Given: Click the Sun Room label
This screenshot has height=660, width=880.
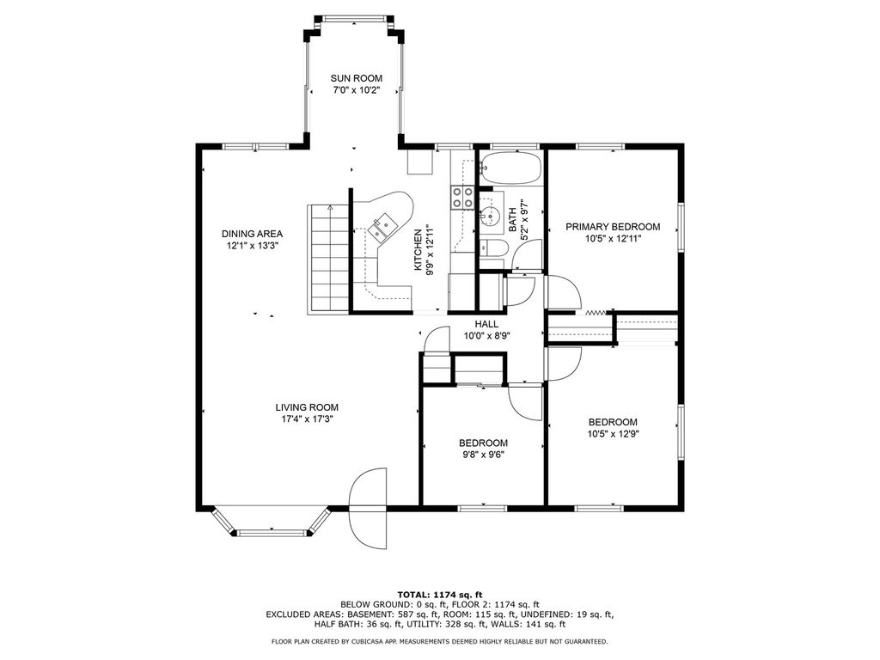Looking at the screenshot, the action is (357, 78).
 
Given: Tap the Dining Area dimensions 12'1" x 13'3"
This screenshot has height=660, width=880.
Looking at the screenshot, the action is (252, 245).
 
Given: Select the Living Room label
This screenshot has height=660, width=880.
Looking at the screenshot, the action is (307, 407).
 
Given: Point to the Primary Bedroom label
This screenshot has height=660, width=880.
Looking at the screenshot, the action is (613, 227).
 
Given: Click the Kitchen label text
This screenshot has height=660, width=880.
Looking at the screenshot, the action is (419, 250).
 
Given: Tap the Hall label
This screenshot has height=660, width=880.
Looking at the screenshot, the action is (486, 324).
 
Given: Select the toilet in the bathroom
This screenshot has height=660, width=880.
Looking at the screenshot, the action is (493, 248).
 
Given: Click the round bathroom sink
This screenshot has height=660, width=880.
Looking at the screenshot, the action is (491, 215).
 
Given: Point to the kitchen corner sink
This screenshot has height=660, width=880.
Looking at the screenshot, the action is (383, 225).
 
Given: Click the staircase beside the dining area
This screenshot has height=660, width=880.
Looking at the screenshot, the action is (328, 259).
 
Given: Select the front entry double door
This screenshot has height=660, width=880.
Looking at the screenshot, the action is (368, 509).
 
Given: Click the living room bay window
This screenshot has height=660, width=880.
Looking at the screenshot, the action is (271, 522).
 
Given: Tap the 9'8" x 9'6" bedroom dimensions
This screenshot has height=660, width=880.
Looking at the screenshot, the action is (483, 455).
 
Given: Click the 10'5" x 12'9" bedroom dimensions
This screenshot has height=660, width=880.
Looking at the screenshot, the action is (613, 433).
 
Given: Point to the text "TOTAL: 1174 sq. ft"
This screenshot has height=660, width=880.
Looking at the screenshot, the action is (440, 595).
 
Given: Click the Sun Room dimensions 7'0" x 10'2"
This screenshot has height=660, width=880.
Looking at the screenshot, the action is (357, 89).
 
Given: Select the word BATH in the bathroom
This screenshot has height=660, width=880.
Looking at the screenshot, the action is (513, 220).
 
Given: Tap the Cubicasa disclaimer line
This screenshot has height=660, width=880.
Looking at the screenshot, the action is (439, 641).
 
